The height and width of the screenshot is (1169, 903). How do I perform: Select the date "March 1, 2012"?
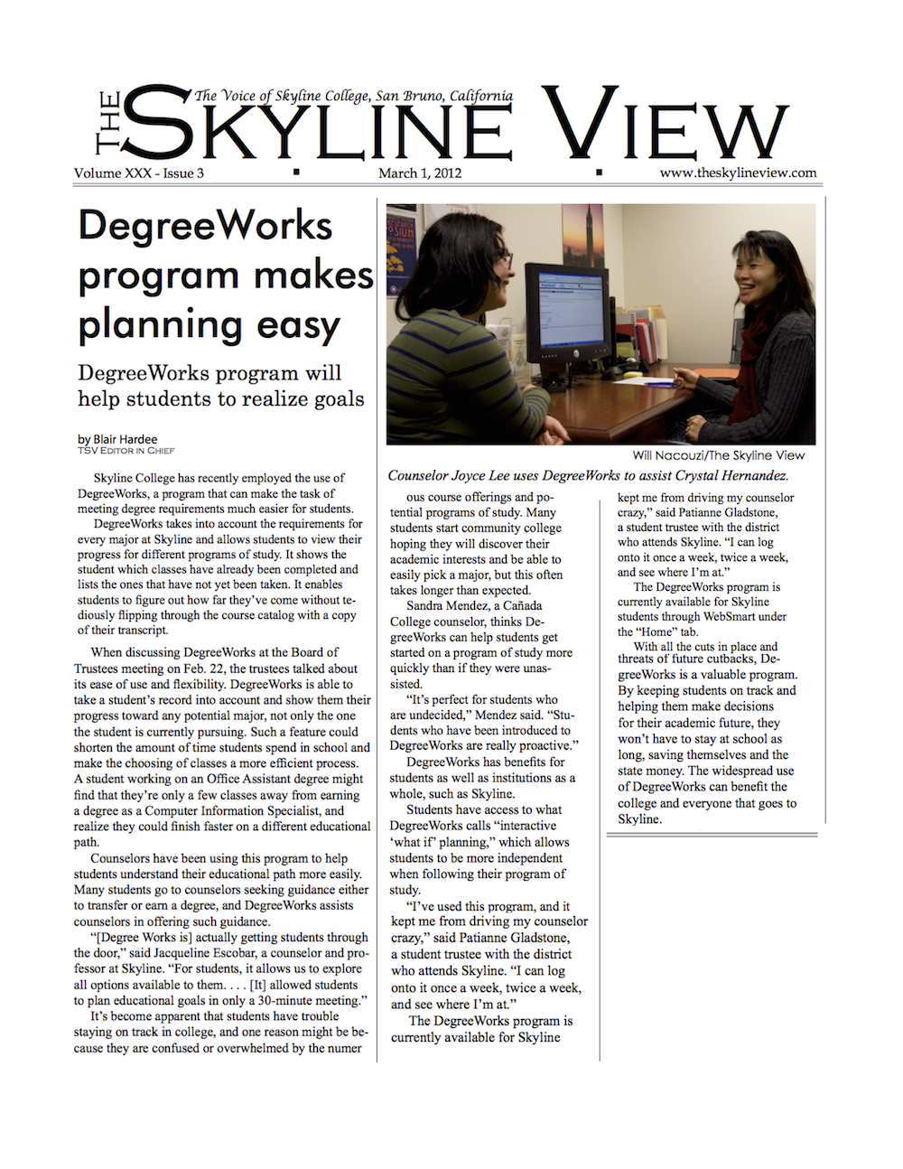point(420,173)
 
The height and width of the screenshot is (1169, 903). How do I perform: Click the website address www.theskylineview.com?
point(738,173)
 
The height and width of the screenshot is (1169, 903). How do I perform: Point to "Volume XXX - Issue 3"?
point(139,173)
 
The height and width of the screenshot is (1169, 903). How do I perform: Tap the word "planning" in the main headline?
point(159,324)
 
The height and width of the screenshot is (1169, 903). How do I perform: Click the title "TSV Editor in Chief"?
point(126,450)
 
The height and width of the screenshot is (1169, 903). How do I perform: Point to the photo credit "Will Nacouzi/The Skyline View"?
point(718,455)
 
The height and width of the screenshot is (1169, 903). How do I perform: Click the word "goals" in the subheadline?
point(334,398)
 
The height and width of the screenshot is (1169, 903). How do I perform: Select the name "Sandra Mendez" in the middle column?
point(447,605)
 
